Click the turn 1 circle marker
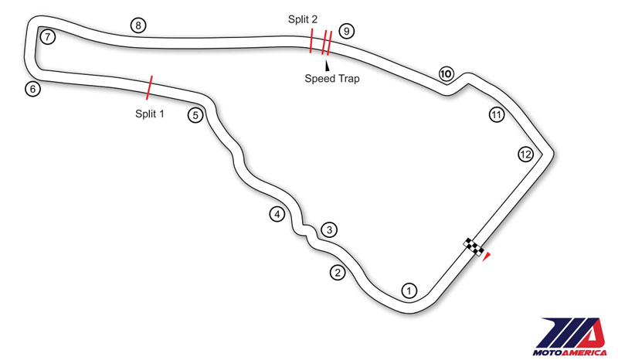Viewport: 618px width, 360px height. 409,290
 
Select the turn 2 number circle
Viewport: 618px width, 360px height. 337,272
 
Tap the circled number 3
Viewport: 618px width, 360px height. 329,229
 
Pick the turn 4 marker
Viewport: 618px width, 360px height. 277,214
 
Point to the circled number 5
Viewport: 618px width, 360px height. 195,115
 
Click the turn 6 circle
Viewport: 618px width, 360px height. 32,89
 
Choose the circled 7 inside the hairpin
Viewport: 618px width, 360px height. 48,36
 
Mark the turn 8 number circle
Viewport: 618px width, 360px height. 138,25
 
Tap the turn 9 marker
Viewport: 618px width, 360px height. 347,31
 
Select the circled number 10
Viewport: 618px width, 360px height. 446,74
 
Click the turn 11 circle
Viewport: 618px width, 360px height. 497,115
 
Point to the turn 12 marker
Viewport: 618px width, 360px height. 525,155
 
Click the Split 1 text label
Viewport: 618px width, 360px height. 150,113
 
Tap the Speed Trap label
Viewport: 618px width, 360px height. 332,78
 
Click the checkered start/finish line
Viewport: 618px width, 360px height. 474,247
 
